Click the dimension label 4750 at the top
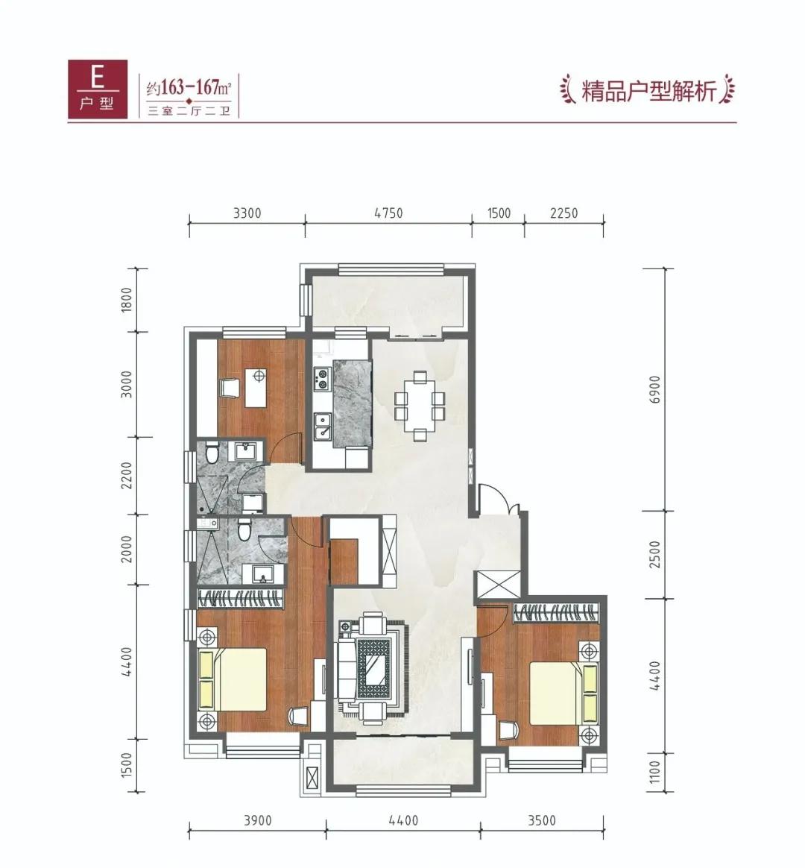click(388, 213)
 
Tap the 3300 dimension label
click(247, 213)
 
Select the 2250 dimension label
click(563, 213)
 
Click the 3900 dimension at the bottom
click(257, 821)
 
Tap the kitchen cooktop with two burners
click(323, 380)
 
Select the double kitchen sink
click(323, 427)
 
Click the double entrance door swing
click(497, 498)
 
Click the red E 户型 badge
click(97, 88)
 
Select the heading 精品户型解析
click(648, 92)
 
